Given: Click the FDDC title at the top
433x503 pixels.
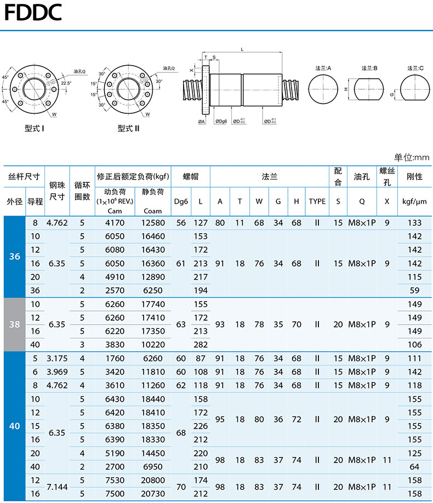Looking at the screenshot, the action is [33, 12].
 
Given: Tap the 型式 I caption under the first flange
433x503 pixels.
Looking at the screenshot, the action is [35, 129].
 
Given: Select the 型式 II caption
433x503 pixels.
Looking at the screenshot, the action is [128, 129].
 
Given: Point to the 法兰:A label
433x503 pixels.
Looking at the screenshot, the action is [323, 68].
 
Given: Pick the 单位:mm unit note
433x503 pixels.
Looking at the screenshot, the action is [412, 157].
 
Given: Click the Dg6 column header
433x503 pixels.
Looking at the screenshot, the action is [181, 201].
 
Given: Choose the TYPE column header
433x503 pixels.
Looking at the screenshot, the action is [317, 201].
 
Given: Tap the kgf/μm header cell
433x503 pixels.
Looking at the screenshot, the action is [414, 201].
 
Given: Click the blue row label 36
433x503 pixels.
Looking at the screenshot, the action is [14, 256].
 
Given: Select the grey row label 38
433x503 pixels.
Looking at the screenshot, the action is [14, 325].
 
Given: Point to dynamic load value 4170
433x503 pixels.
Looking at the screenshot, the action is [115, 223].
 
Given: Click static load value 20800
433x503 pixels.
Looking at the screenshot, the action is [153, 480].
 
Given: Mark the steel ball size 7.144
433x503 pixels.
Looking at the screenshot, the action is [57, 487].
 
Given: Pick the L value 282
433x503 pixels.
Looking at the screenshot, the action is [201, 344].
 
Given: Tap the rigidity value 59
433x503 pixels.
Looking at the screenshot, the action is [414, 290].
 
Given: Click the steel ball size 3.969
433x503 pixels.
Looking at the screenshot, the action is [57, 372].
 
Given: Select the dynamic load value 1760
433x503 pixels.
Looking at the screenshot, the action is [115, 359].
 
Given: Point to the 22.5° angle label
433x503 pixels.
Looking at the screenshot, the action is [66, 83].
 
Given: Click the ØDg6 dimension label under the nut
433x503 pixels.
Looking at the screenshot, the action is [221, 122].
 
